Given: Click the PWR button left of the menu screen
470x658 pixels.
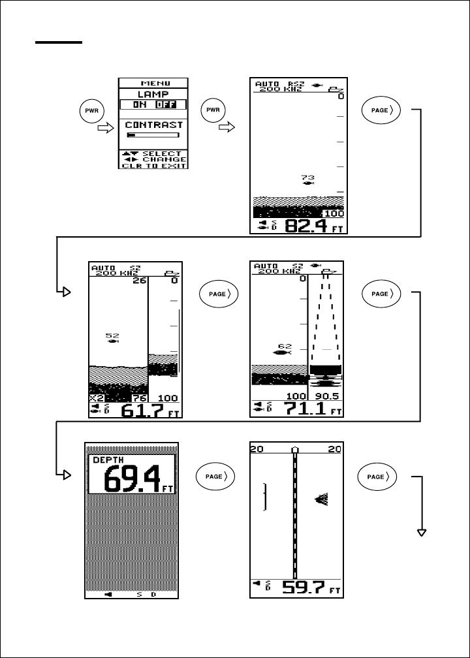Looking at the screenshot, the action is [x=90, y=110].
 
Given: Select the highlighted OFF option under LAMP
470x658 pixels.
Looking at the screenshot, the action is [x=174, y=104].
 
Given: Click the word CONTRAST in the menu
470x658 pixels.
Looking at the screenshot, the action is [x=153, y=124].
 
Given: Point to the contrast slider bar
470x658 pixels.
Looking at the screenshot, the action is [x=153, y=135].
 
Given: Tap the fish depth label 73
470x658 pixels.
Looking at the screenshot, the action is [x=307, y=177].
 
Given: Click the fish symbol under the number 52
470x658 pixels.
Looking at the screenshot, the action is [x=113, y=341].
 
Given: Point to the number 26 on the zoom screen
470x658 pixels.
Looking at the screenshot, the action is [x=138, y=281].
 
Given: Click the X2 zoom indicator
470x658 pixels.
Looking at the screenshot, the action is [x=97, y=398].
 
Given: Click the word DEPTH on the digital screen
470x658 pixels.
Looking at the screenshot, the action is [x=104, y=460].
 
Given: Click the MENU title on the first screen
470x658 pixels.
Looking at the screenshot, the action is [x=153, y=84].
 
